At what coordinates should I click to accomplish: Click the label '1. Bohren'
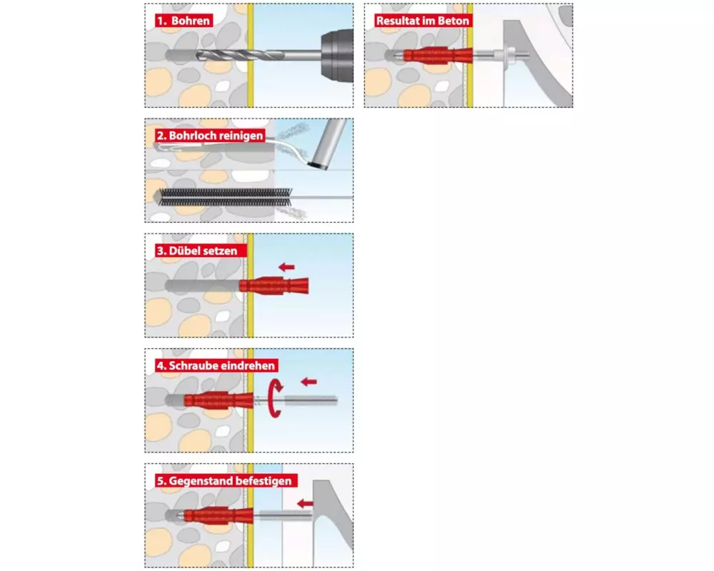(x=184, y=21)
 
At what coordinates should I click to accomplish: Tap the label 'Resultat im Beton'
(x=423, y=21)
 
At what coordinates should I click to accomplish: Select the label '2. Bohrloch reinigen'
(x=210, y=136)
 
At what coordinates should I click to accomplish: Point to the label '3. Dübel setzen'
(x=201, y=251)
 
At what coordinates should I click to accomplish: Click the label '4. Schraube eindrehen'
(x=216, y=365)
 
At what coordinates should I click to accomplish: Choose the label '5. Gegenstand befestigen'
(x=226, y=481)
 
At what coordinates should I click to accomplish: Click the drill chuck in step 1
(x=337, y=56)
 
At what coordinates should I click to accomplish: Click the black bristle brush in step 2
(x=226, y=197)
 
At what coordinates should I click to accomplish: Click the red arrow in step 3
(x=286, y=267)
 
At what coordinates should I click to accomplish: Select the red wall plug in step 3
(x=274, y=286)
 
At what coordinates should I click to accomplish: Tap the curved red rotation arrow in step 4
(x=275, y=398)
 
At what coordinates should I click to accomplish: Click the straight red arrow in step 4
(x=309, y=382)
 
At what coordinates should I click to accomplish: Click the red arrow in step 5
(x=305, y=504)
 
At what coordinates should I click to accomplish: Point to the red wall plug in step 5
(x=218, y=516)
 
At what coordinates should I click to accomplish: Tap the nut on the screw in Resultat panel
(x=510, y=55)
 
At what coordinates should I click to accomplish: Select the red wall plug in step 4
(x=218, y=400)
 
